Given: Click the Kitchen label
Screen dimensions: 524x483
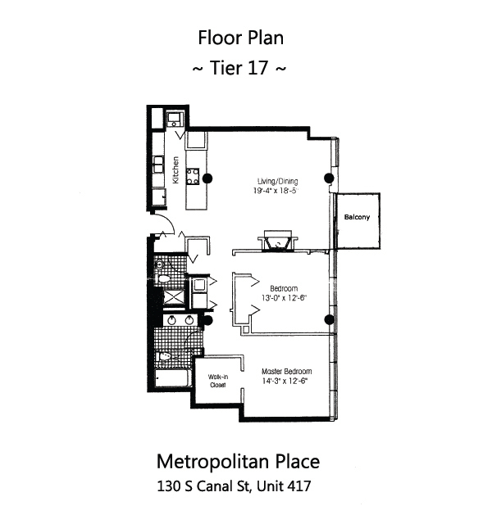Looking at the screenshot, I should click(x=175, y=169).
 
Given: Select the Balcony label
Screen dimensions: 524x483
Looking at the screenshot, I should click(x=357, y=217).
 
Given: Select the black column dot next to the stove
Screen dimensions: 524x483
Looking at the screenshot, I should click(x=208, y=178).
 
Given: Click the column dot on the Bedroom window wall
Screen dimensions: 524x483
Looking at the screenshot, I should click(x=329, y=319).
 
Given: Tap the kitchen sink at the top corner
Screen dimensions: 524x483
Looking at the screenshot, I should click(x=175, y=121).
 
